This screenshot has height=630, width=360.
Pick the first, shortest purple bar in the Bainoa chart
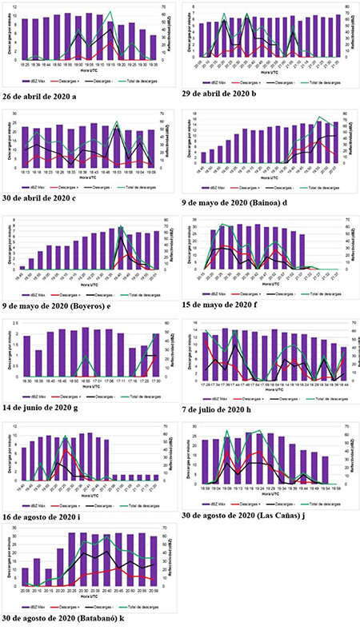[203, 157]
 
